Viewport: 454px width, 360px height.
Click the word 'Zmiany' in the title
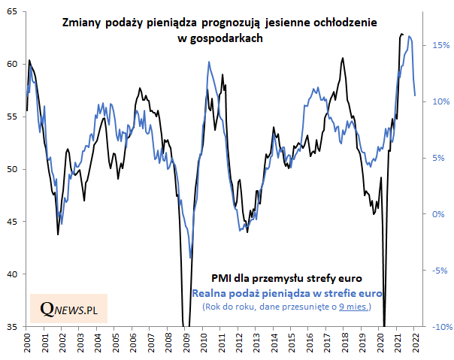82,24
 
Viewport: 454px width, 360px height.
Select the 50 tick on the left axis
14,169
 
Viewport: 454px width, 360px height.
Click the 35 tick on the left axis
14,327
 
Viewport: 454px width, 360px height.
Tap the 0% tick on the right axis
438,214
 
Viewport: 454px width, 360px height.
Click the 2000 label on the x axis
27,343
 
